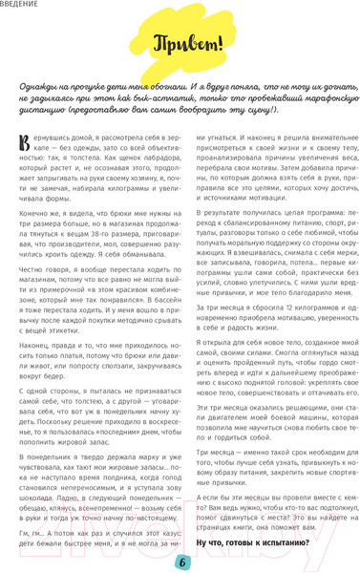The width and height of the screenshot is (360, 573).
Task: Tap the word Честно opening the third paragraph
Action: pyautogui.click(x=34, y=273)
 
